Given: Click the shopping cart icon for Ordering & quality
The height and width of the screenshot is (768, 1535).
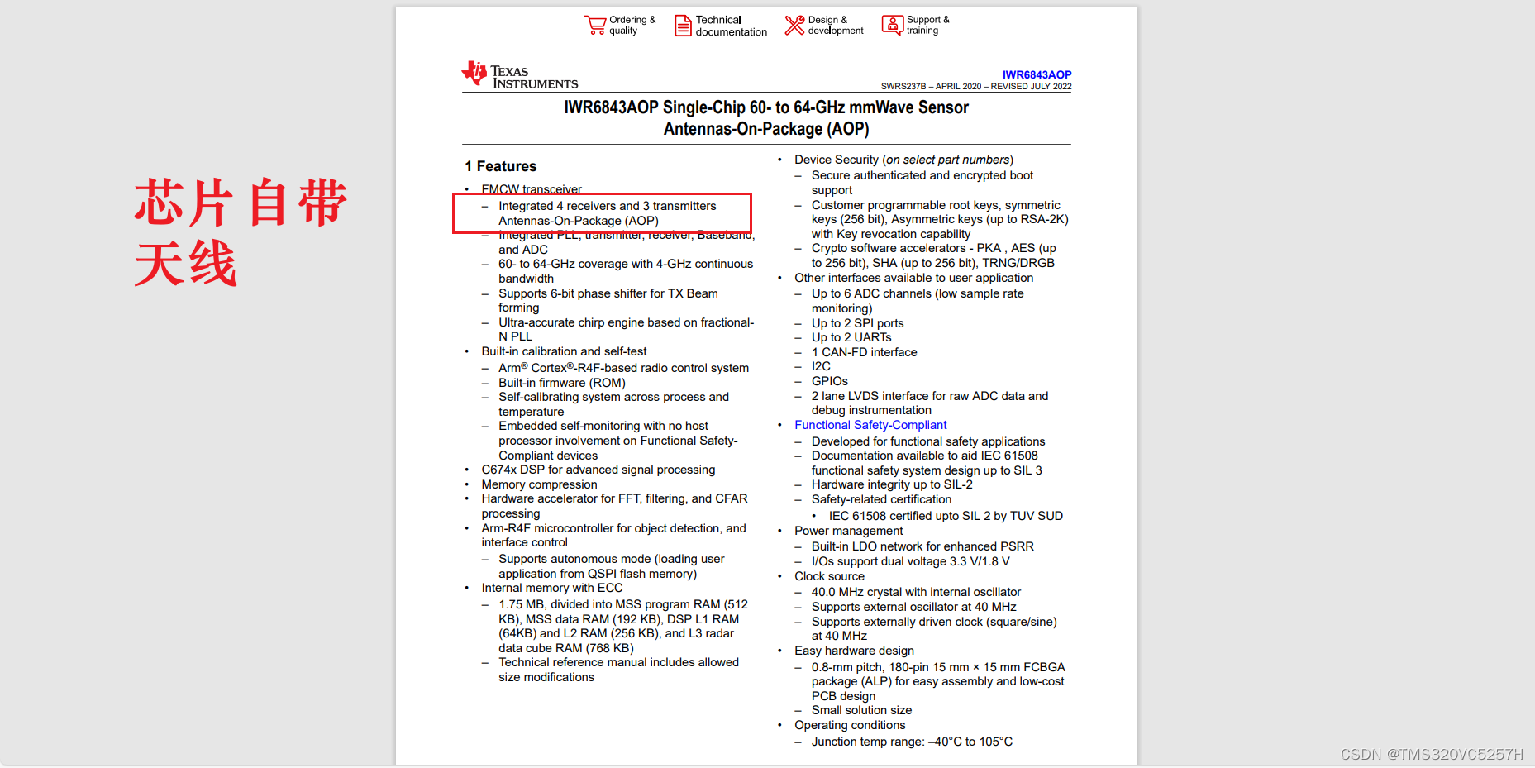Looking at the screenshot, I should (x=595, y=26).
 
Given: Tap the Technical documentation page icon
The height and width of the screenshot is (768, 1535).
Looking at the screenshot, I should (x=683, y=26).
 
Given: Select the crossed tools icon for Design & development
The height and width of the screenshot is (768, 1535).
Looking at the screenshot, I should (x=794, y=26).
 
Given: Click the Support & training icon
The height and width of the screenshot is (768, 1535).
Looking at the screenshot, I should (x=893, y=26).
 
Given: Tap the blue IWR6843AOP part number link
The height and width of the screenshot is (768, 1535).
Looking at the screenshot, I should (x=1037, y=74).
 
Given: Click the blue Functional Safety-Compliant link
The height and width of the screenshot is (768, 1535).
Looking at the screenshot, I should (x=870, y=425).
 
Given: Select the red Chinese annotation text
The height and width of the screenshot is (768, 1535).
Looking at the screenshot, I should (x=240, y=232).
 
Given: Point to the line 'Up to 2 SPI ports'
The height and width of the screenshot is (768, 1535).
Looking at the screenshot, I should (x=857, y=323).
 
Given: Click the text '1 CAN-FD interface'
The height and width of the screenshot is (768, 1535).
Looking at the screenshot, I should (x=864, y=352).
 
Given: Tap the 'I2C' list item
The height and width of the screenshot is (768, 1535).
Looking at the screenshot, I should (x=821, y=366).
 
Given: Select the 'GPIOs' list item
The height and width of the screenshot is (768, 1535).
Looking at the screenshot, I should (x=829, y=381).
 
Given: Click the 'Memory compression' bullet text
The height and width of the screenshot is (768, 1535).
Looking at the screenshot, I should (x=539, y=484).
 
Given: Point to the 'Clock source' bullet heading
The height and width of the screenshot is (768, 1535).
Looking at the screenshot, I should (x=829, y=576).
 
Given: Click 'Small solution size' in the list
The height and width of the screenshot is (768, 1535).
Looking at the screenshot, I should (x=861, y=710).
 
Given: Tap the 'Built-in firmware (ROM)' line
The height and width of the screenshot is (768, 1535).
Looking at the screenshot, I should (x=561, y=383).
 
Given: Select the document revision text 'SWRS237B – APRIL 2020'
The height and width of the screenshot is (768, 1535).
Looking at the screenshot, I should (x=931, y=86).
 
